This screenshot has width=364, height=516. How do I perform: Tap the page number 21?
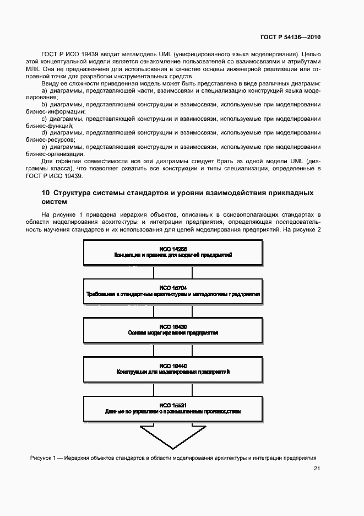[317, 469]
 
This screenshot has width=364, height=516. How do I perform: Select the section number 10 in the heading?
[46, 193]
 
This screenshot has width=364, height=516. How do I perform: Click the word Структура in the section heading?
[74, 193]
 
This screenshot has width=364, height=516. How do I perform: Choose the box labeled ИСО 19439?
[173, 330]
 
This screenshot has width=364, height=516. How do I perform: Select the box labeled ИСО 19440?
[173, 369]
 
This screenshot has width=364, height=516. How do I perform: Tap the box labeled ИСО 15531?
[173, 409]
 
